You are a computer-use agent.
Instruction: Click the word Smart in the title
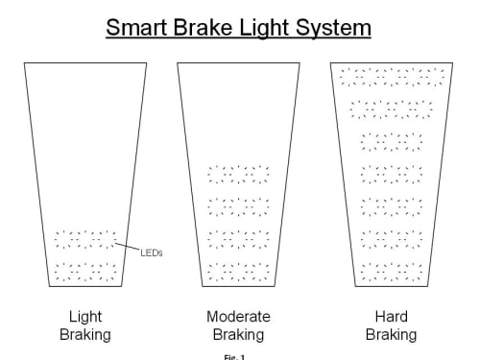137,27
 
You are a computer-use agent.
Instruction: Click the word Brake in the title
203,27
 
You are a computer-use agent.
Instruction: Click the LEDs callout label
152,253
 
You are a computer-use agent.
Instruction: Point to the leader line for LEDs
128,246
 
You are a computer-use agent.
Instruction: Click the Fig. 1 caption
234,357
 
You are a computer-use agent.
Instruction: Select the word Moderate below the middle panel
238,317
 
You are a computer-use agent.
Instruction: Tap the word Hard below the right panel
391,317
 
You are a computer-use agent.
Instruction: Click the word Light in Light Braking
85,318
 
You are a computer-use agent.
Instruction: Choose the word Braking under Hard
391,335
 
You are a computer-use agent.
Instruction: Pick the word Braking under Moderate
238,335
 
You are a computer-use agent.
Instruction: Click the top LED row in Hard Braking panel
392,77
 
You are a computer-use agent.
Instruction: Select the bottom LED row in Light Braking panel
85,272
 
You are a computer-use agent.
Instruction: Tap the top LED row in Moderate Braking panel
238,175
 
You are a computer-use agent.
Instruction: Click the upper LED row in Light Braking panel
85,240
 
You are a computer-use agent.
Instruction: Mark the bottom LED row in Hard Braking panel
392,272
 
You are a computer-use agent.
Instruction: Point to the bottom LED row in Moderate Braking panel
238,272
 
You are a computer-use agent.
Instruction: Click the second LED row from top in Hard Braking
392,109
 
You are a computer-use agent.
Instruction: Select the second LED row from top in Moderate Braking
238,207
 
